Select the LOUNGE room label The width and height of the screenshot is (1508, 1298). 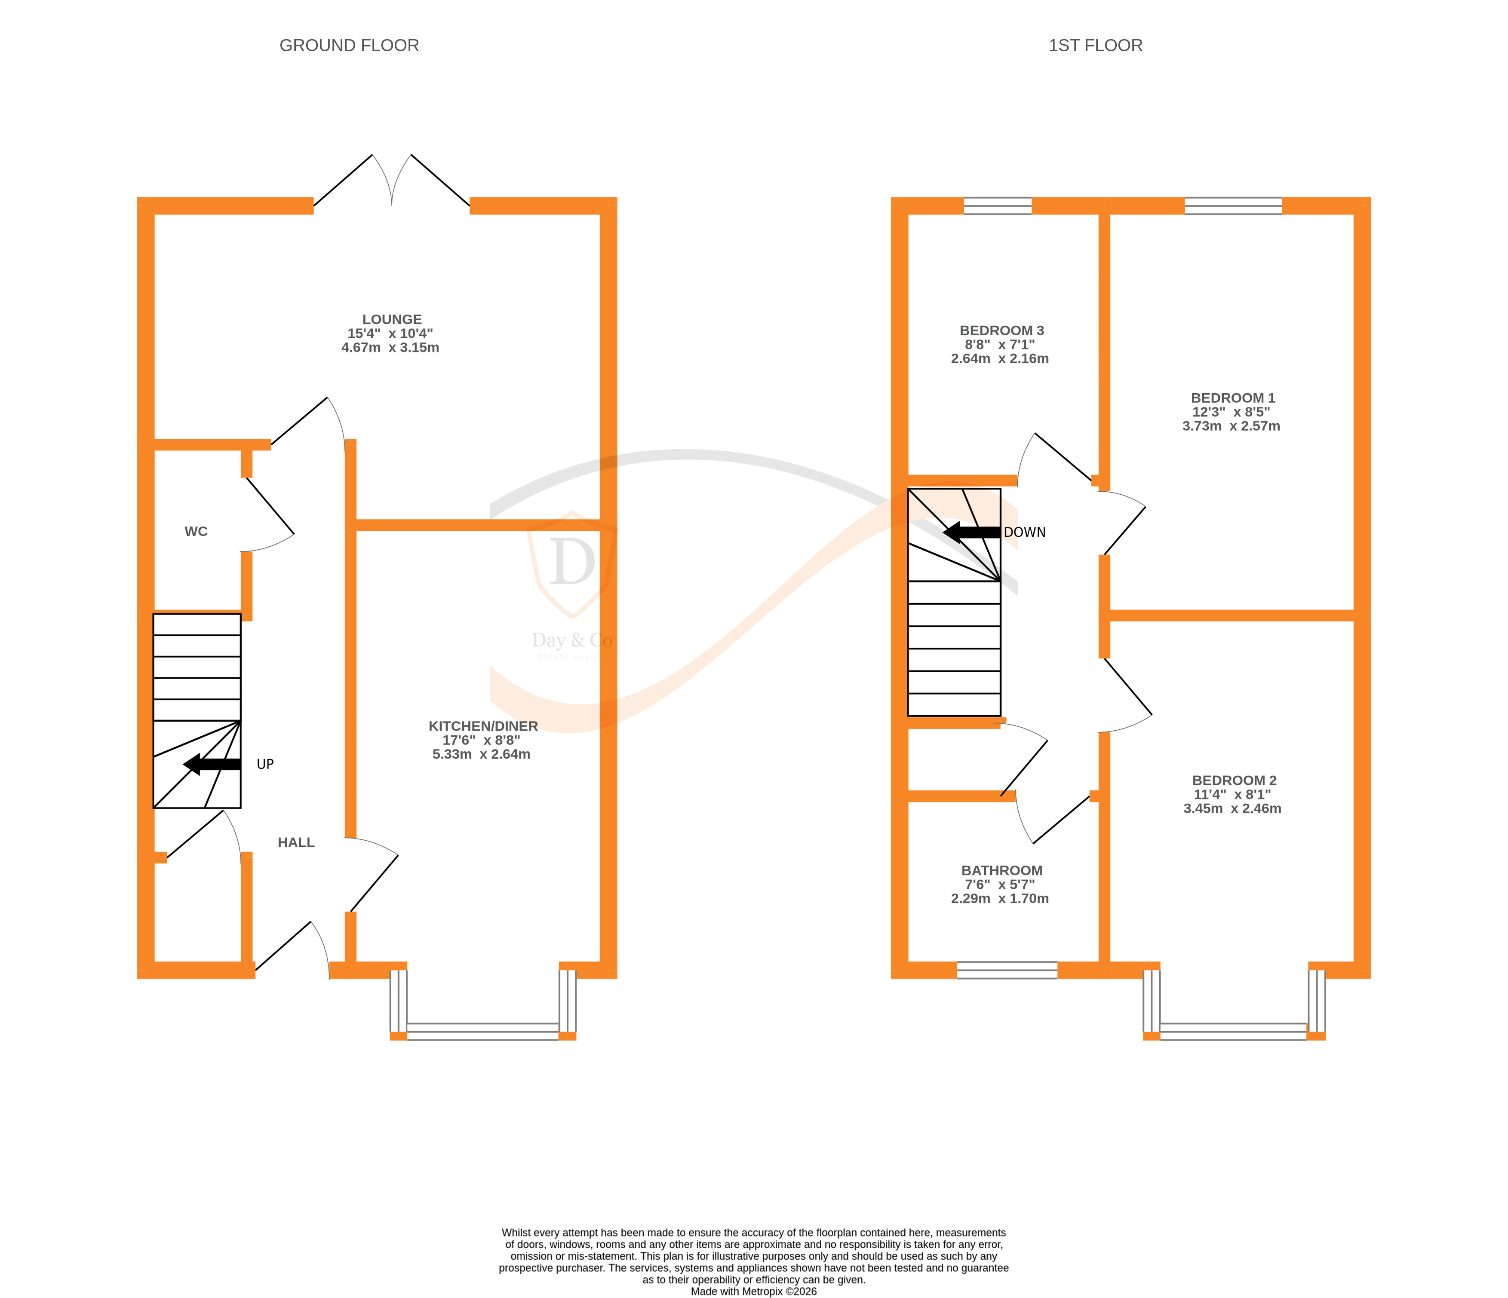tap(392, 319)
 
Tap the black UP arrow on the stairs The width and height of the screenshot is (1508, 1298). tap(211, 764)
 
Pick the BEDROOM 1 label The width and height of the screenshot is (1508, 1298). tap(1232, 398)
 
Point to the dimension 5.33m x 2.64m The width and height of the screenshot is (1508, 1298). tap(481, 754)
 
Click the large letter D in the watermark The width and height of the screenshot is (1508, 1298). tap(571, 562)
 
